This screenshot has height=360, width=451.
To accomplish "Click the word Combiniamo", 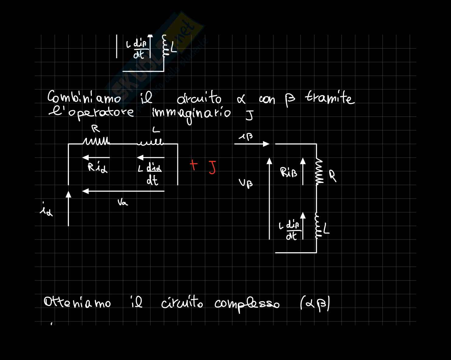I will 84,97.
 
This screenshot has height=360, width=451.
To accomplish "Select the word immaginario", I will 191,114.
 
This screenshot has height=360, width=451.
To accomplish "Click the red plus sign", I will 193,165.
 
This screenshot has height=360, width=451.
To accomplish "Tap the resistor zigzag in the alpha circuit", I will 96,141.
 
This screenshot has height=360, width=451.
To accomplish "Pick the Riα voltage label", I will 97,167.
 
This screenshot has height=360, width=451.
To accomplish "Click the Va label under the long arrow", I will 123,202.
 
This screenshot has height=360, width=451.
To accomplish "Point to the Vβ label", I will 246,183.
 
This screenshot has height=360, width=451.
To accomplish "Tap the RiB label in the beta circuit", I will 289,172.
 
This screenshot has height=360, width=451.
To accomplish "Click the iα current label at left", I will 46,209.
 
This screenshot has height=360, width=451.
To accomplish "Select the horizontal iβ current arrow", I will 252,144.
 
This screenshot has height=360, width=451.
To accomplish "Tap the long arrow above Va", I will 123,191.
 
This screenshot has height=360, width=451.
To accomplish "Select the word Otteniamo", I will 77,303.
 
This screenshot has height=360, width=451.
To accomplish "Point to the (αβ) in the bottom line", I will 315,304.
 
